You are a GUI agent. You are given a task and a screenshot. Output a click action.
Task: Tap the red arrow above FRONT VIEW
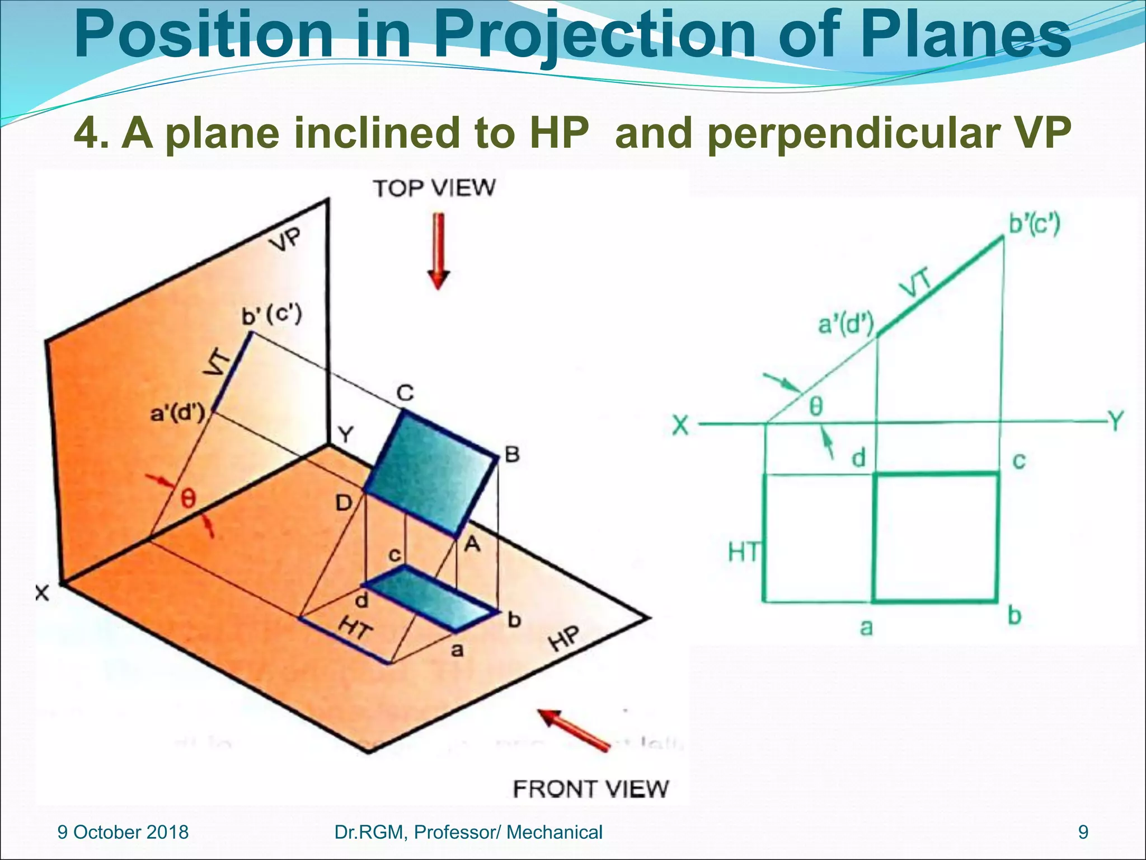[x=573, y=728]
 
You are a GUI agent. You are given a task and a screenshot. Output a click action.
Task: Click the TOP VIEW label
[x=434, y=188]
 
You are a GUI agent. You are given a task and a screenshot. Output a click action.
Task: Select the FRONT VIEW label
[x=590, y=789]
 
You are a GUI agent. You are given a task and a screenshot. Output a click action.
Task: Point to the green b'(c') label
[x=1034, y=225]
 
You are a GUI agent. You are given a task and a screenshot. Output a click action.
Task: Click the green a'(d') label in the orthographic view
[x=846, y=324]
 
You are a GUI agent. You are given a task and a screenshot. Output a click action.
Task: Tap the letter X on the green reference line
[x=680, y=426]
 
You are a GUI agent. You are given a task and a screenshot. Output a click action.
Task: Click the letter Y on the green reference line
[x=1115, y=420]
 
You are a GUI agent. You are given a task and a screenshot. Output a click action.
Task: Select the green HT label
[x=743, y=553]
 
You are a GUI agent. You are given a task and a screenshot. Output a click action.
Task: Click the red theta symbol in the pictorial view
[x=188, y=498]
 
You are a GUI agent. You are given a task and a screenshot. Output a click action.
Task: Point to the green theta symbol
[x=816, y=406]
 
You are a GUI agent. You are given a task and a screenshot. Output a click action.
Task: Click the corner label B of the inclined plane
[x=512, y=454]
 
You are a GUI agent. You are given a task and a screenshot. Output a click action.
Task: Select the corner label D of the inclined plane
[x=344, y=503]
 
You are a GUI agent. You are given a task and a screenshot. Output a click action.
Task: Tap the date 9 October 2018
[x=123, y=833]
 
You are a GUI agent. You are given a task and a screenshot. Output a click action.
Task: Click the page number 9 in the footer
[x=1083, y=833]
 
